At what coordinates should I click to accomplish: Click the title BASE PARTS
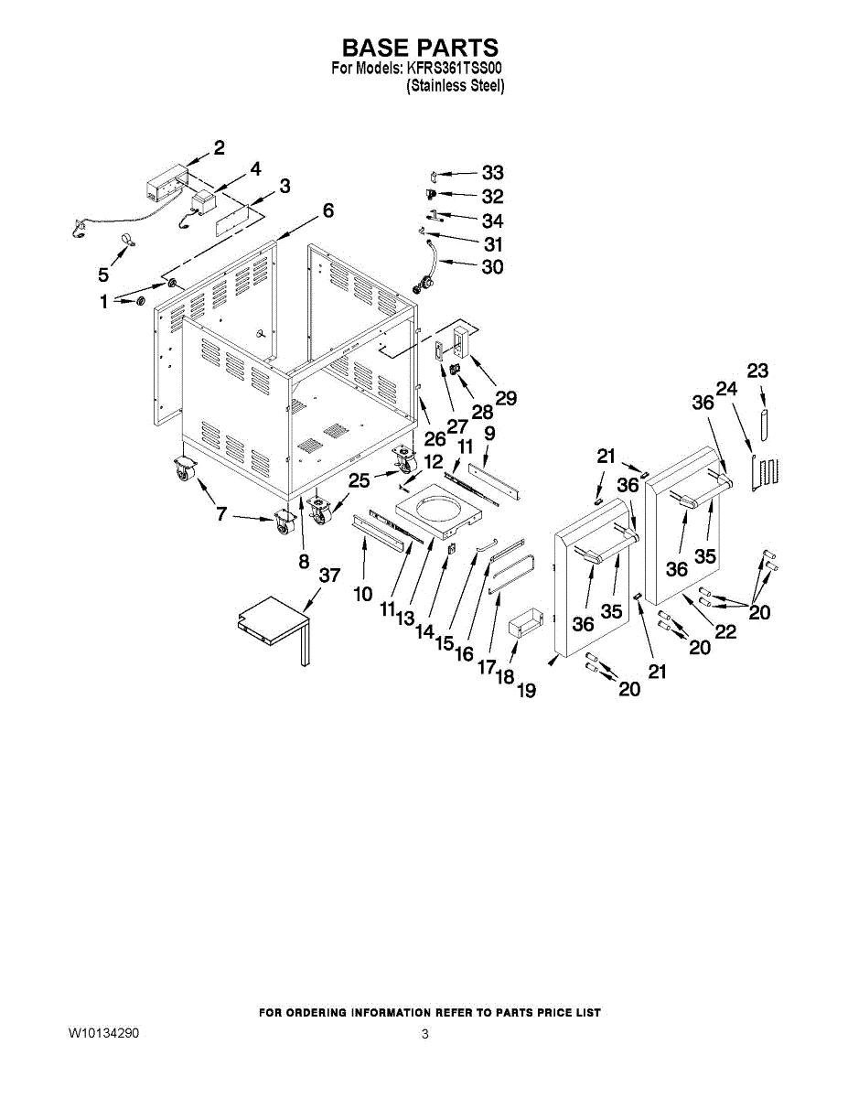coord(420,48)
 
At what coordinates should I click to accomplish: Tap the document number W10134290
coord(103,1034)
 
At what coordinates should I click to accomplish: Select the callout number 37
coord(329,576)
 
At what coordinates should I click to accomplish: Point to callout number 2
coord(220,147)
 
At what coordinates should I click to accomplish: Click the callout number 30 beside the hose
coord(492,267)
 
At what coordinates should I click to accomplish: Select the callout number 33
coord(492,172)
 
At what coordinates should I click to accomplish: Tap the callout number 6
coord(327,210)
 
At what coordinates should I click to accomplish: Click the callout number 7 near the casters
coord(221,514)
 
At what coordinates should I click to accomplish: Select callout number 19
coord(525,691)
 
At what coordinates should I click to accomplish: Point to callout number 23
coord(757,371)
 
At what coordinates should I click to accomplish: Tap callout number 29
coord(506,398)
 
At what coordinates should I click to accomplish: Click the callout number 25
coord(360,479)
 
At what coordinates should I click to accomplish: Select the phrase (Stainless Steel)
coord(456,86)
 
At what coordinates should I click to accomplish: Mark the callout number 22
coord(725,630)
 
